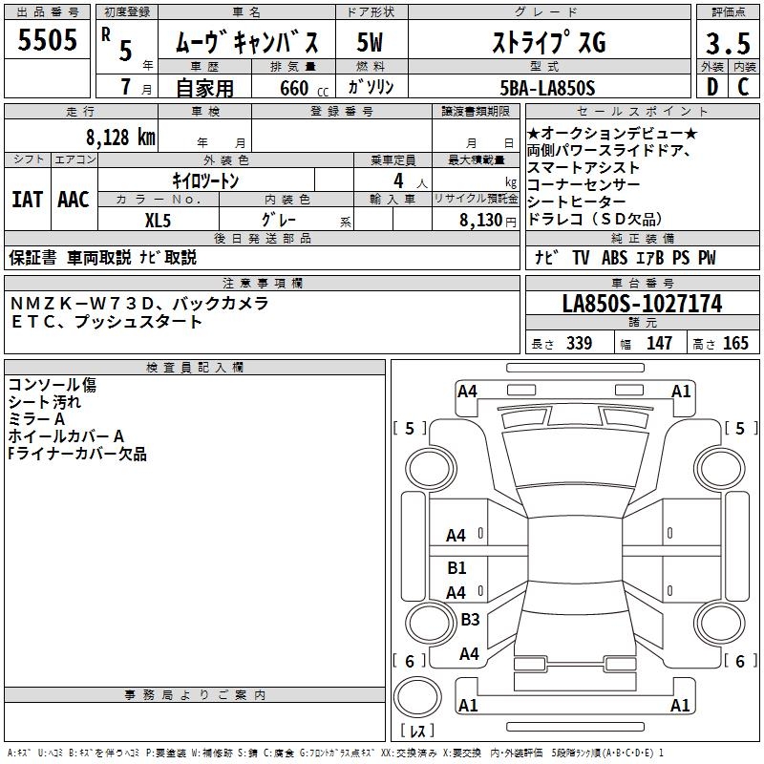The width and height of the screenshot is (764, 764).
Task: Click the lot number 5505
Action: (x=47, y=40)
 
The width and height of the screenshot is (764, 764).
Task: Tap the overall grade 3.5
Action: (x=728, y=43)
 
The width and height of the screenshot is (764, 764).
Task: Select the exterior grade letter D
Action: (x=712, y=87)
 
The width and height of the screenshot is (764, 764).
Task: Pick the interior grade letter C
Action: (x=743, y=87)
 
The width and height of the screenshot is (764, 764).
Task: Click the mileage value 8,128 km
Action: (x=121, y=138)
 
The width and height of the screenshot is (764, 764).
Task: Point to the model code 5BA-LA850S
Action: (x=547, y=88)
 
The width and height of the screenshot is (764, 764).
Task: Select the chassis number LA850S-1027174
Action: (x=642, y=304)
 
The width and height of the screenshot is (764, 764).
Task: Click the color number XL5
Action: (x=158, y=221)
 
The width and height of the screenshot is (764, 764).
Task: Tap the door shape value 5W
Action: (x=370, y=42)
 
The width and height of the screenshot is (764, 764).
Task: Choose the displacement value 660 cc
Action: (x=304, y=88)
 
